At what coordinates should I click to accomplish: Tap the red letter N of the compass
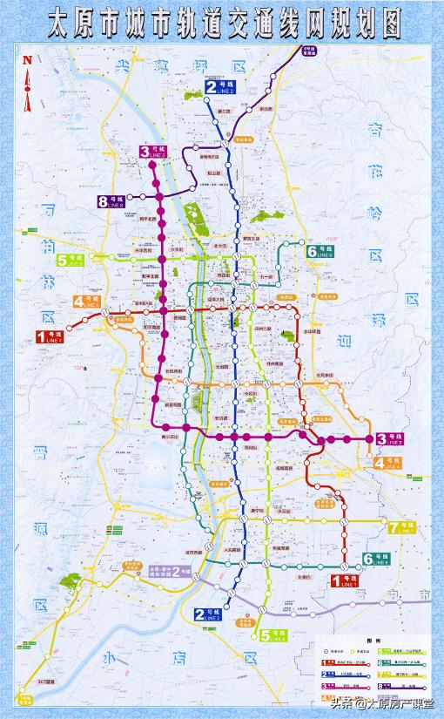[x=27, y=59]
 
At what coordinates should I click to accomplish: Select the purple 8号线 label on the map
[x=113, y=202]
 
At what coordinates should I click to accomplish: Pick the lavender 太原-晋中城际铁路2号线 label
[x=170, y=571]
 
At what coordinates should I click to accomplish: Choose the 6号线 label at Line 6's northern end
[x=321, y=252]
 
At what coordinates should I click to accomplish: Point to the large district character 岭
[x=376, y=214]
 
